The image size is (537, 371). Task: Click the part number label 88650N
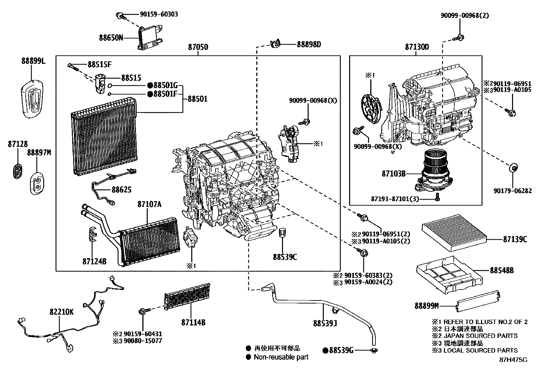[111, 37]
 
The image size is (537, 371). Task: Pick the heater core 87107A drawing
[148, 239]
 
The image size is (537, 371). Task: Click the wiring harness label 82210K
[61, 312]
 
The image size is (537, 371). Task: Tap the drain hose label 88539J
[325, 324]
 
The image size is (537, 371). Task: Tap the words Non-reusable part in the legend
[281, 357]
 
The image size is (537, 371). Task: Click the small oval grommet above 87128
[17, 170]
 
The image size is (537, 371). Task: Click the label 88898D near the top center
[309, 44]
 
